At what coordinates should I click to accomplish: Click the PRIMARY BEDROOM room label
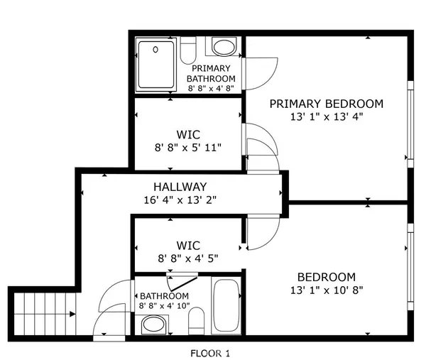326,104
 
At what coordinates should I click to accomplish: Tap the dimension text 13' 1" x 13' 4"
326,117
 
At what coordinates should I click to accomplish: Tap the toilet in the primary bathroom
188,50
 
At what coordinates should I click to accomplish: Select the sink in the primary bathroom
224,48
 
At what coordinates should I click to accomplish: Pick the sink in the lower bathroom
153,325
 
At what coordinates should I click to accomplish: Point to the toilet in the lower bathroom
197,321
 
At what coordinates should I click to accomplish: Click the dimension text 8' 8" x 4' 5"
188,258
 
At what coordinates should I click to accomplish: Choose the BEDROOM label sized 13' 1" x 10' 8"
326,277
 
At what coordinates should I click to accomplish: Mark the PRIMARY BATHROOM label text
210,73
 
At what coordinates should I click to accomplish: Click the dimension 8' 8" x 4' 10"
164,306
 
